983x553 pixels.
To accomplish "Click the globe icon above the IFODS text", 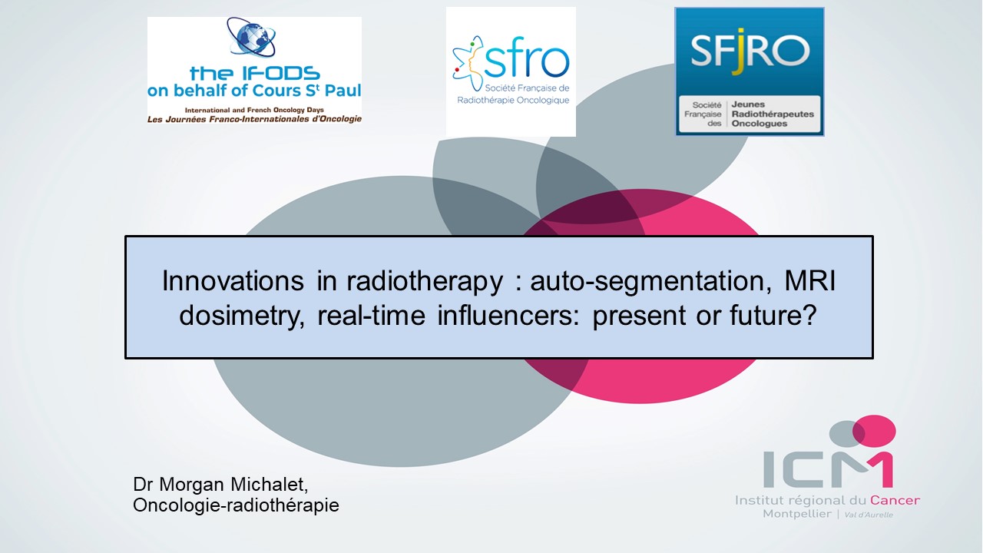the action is (251, 38).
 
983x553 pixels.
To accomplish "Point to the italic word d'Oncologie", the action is (335, 119).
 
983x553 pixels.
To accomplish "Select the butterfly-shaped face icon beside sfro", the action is (468, 64).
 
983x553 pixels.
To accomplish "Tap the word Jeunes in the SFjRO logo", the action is (748, 104).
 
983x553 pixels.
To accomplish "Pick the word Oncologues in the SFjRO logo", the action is (760, 124).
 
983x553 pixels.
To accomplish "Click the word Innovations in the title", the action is (233, 281).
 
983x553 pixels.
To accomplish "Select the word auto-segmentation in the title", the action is (650, 282).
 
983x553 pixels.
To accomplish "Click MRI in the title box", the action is (809, 281).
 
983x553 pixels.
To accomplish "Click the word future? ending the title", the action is (773, 315).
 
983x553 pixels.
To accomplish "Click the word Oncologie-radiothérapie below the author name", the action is (236, 505).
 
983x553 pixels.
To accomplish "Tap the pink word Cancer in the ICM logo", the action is (895, 500).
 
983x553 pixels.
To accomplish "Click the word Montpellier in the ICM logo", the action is (797, 514).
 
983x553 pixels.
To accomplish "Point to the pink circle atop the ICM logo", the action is (874, 431).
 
